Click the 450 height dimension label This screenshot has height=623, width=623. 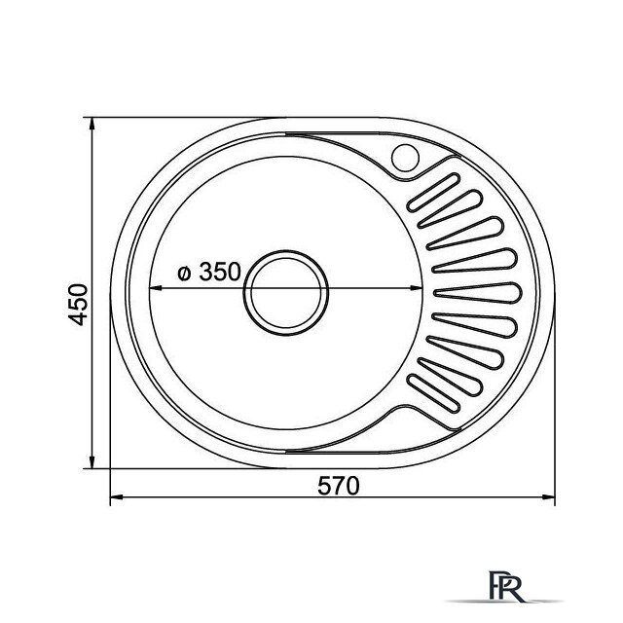(78, 305)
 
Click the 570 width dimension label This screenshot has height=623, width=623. (339, 486)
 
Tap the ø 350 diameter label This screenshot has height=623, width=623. (209, 273)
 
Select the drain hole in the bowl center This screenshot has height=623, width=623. (286, 293)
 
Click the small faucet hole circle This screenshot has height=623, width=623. (405, 158)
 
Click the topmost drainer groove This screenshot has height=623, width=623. (433, 193)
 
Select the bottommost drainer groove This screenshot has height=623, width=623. (433, 392)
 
